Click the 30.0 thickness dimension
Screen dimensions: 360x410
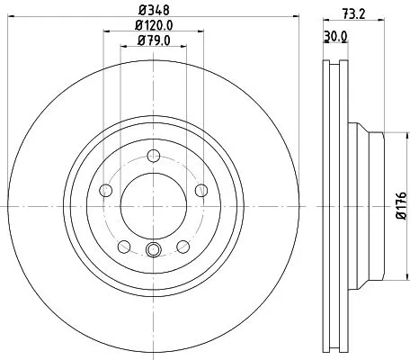click(x=334, y=36)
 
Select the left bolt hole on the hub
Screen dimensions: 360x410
click(x=105, y=189)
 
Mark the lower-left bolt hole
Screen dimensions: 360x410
click(x=123, y=245)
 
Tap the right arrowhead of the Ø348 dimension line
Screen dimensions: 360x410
click(x=289, y=19)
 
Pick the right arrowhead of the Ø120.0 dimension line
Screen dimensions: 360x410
click(x=198, y=33)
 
